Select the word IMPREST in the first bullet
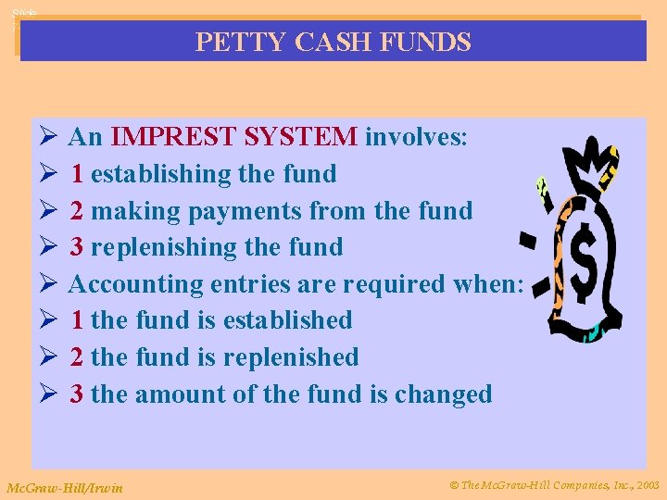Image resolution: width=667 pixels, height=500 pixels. click(171, 138)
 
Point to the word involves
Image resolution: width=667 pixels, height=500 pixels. click(416, 138)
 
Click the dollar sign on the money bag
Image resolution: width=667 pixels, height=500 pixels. click(585, 262)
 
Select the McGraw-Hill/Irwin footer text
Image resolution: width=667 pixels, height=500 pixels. click(65, 486)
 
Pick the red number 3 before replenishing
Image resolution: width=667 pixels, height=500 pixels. click(78, 247)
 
